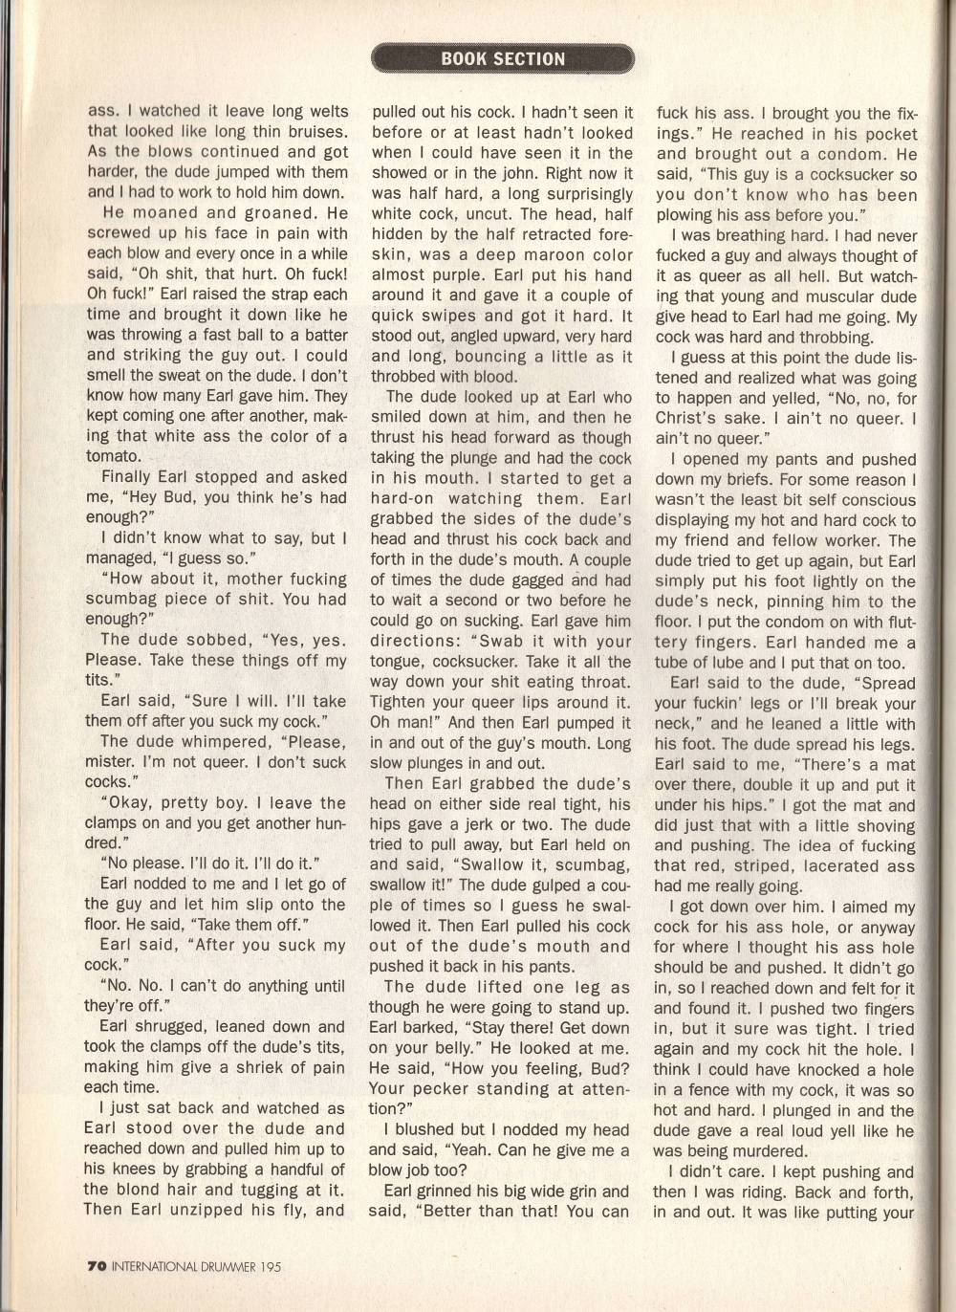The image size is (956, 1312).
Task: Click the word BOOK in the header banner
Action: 463,58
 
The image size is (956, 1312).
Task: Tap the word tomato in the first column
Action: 113,456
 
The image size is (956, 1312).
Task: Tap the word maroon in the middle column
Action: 538,254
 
